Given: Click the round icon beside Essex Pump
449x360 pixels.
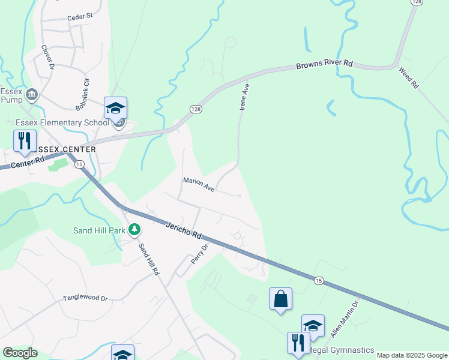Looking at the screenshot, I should coord(32,94).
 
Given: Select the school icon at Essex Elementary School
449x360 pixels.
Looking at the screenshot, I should coord(115,108).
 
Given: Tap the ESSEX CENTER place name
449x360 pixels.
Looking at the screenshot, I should coord(64,149).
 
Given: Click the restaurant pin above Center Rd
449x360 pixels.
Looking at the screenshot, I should coord(25,141).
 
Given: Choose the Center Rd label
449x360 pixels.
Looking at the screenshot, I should coord(28,162).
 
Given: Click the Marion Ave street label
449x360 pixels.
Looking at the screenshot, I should coord(199,184).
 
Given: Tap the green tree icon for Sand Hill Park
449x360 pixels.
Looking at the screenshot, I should coord(136,230).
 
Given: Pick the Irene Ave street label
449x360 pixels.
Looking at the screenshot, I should coord(244,97).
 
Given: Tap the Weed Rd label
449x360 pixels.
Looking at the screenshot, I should coord(408,78).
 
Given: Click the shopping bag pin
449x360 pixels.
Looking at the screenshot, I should coord(280,298).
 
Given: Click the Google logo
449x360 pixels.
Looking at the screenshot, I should coord(20,353).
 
